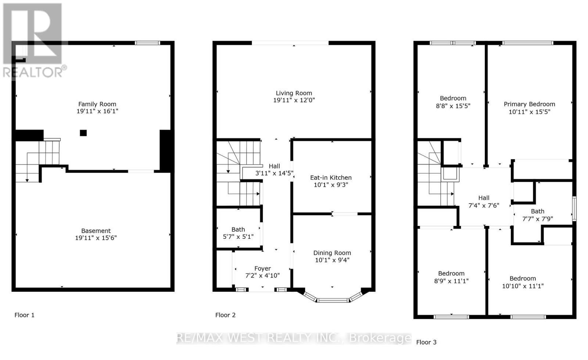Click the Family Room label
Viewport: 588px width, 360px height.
coord(97,104)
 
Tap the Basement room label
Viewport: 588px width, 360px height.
coord(96,231)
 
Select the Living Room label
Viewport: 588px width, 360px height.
coord(294,93)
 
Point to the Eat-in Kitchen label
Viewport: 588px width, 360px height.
coord(331,178)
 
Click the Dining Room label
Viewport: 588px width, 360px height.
coord(332,253)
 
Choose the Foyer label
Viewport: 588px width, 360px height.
coord(262,269)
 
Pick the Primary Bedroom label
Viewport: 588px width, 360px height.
coord(529,104)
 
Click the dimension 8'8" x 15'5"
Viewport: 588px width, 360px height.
coord(453,106)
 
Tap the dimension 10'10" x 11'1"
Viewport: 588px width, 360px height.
coord(523,286)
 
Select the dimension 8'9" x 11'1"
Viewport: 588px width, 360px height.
coord(451,281)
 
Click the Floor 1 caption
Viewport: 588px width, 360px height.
coord(24,315)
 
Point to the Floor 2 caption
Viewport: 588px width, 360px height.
coord(225,315)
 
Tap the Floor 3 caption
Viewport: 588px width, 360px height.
coord(426,342)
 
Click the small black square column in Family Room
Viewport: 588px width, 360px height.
coord(83,133)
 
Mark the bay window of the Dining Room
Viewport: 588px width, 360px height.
coord(332,299)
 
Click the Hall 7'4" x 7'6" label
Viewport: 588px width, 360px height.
coord(484,202)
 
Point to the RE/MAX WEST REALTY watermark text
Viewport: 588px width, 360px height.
coord(294,338)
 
